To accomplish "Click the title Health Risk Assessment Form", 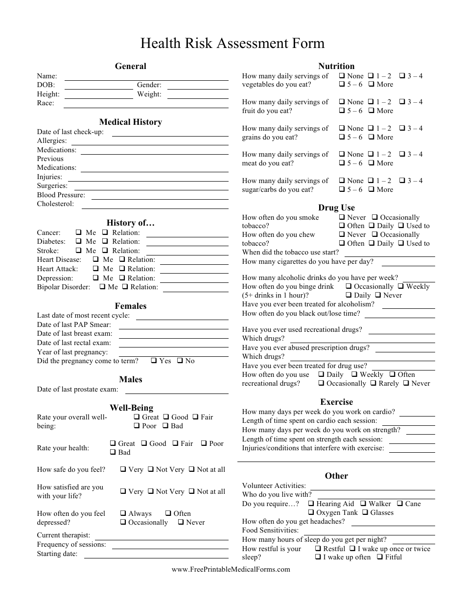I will (x=232, y=44).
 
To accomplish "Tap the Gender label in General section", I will (x=149, y=85).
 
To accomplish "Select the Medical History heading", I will (x=131, y=122).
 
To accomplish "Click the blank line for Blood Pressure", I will (x=160, y=198).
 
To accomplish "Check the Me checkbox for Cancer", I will (x=79, y=233).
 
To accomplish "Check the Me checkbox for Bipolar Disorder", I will (x=102, y=287).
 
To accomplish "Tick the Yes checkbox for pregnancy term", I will (x=154, y=361).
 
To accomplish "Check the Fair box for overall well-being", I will (x=195, y=417).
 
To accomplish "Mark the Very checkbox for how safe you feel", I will (x=123, y=469).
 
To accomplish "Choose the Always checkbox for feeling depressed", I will (x=123, y=513).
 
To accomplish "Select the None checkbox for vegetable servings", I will (x=342, y=76).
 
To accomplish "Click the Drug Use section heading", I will (x=336, y=208).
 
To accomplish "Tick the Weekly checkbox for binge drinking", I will (x=401, y=286).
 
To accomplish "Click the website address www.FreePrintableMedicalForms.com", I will (x=231, y=569).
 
